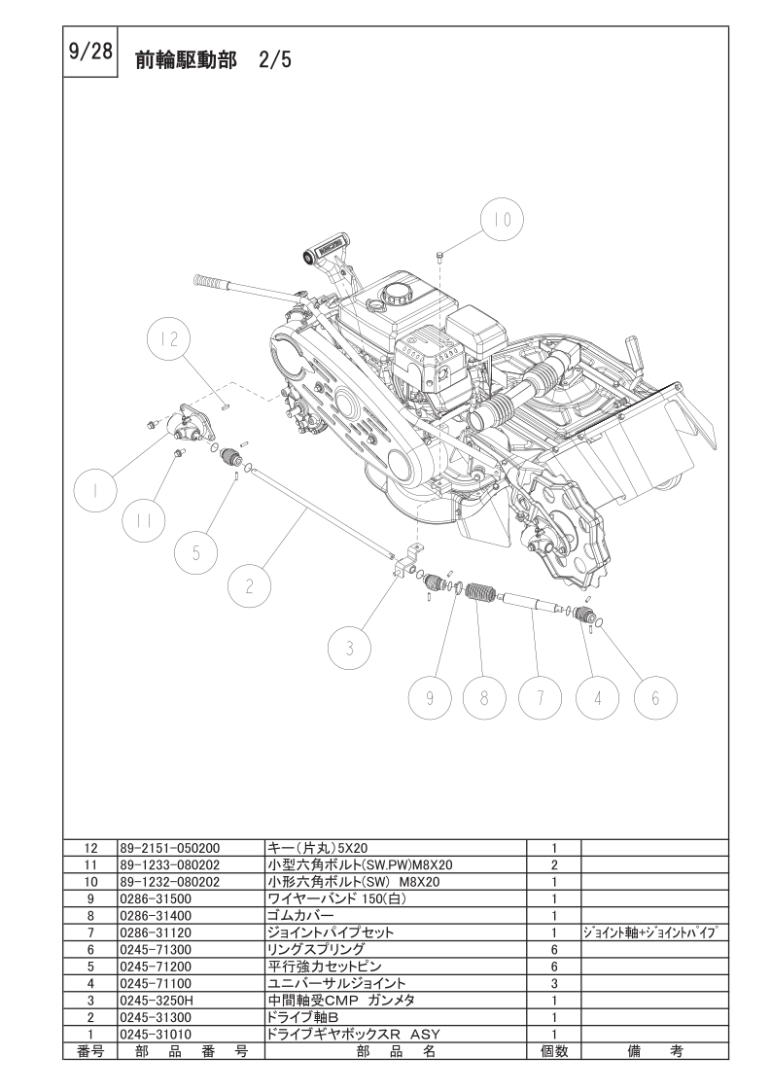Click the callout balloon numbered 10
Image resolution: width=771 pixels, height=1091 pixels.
pyautogui.click(x=502, y=219)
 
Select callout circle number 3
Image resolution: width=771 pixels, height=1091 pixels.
pyautogui.click(x=349, y=649)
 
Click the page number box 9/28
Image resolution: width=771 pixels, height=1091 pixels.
pyautogui.click(x=90, y=52)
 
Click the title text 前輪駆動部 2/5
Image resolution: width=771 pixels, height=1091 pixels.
pyautogui.click(x=213, y=60)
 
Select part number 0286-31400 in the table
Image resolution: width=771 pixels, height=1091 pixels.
pyautogui.click(x=156, y=916)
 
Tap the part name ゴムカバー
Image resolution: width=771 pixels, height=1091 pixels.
pyautogui.click(x=300, y=916)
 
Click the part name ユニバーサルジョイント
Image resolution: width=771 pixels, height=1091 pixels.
pyautogui.click(x=336, y=983)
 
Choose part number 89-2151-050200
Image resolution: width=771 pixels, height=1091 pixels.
pyautogui.click(x=170, y=848)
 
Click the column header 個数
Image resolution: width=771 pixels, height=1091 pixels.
pyautogui.click(x=554, y=1051)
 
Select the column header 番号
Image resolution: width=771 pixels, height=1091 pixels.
pyautogui.click(x=89, y=1051)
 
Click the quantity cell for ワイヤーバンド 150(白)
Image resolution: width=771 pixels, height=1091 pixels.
pyautogui.click(x=554, y=899)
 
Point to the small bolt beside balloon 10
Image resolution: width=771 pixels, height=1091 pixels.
pyautogui.click(x=439, y=257)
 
